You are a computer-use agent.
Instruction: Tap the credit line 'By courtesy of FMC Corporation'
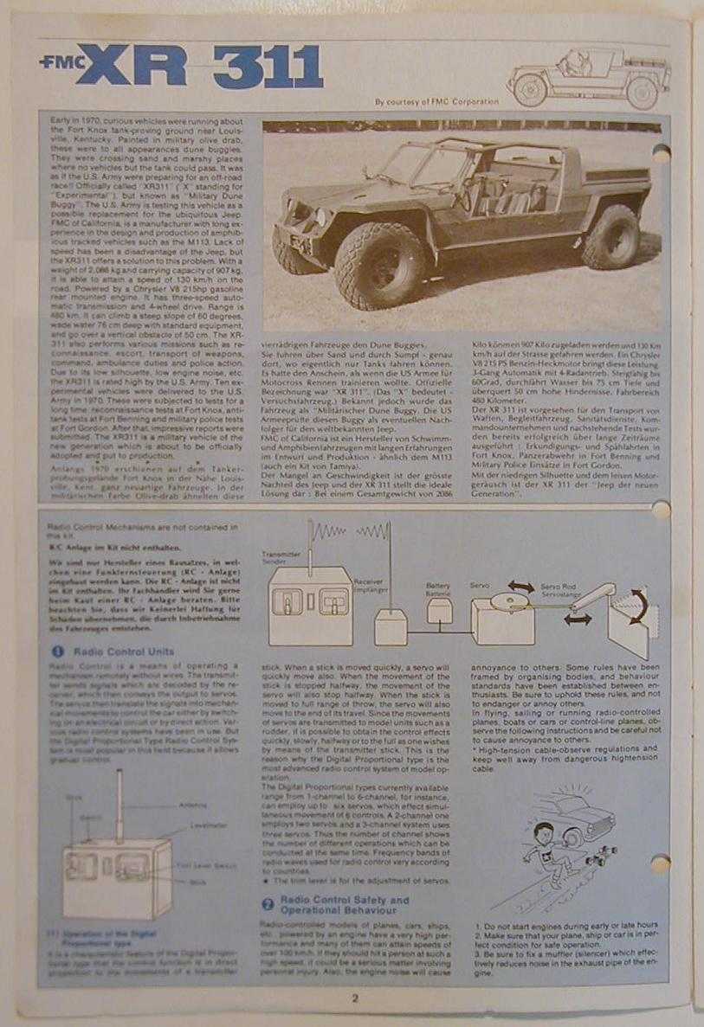coord(436,101)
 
